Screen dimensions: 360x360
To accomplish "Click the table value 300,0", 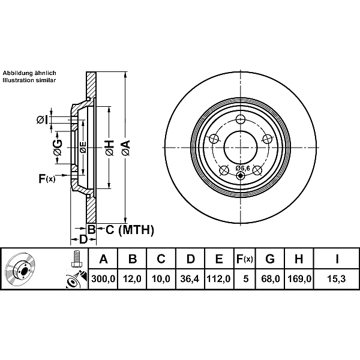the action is tap(103, 279).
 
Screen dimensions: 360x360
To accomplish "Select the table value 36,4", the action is tap(190, 279).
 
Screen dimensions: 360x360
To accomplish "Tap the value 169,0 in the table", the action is tap(299, 279).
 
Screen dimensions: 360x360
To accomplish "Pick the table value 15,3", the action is tap(337, 279).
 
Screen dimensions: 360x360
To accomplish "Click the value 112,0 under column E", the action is tap(218, 279).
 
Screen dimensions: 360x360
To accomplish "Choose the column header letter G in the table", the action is tap(270, 259).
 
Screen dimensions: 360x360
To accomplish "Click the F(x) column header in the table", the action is tap(245, 259).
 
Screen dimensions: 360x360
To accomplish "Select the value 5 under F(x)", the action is tap(246, 279).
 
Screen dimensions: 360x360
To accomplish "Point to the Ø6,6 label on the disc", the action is tap(242, 168).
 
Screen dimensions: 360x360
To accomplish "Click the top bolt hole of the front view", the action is tap(241, 119).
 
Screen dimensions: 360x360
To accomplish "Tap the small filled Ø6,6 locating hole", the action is tap(241, 176).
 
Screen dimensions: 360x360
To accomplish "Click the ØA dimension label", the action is tap(126, 148).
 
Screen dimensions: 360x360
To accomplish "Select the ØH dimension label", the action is tap(110, 148).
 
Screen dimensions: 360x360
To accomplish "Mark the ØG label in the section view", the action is tap(57, 148).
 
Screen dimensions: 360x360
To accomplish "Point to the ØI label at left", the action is tap(43, 119).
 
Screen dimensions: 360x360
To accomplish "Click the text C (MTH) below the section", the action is tap(130, 230).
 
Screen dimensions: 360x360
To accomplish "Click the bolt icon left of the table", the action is tap(76, 259).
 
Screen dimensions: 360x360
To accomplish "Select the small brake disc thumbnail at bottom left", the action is tap(20, 269).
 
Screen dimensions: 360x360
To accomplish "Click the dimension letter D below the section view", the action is tap(83, 239).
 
